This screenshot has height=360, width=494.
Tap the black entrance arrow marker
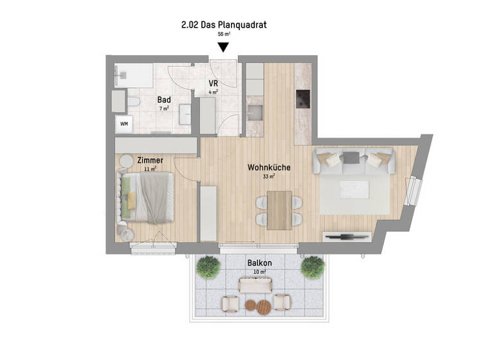tap(223, 47)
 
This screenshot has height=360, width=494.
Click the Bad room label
tap(164, 100)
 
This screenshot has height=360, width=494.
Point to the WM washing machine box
tap(123, 123)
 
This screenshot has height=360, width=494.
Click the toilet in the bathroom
tap(133, 102)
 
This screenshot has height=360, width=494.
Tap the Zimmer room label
tap(150, 160)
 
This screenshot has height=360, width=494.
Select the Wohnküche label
tap(269, 167)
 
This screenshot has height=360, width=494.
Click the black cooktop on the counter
tap(302, 98)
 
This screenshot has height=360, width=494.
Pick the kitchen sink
tap(254, 113)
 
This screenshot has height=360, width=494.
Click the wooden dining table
tap(279, 210)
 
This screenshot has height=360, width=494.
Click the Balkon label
tap(259, 264)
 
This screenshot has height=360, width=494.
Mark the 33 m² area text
tap(269, 176)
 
